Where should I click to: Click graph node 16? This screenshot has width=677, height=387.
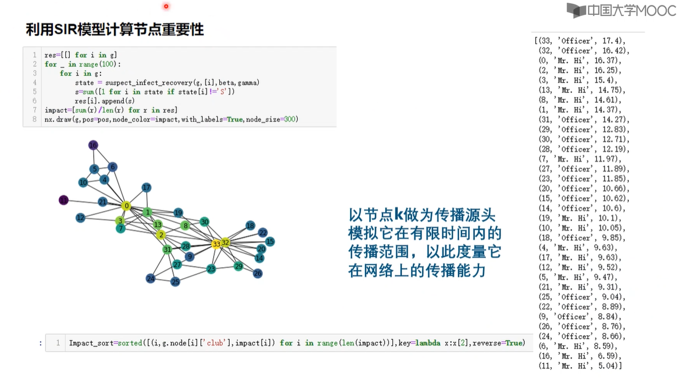(93, 145)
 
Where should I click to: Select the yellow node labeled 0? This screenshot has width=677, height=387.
(126, 206)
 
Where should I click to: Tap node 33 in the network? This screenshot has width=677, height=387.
(217, 243)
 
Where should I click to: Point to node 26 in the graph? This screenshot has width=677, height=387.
(258, 273)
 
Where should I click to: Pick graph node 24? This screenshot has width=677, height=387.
(151, 279)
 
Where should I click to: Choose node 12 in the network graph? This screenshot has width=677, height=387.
(81, 218)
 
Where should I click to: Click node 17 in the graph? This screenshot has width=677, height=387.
(146, 187)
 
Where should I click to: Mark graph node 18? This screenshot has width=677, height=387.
(251, 225)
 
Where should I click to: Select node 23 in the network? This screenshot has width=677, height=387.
(211, 269)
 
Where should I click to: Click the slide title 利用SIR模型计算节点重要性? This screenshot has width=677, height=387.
(115, 30)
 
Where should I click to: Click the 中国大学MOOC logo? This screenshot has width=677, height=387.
(621, 10)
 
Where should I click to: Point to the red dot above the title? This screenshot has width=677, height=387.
(166, 7)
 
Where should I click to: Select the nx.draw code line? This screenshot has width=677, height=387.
(171, 119)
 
